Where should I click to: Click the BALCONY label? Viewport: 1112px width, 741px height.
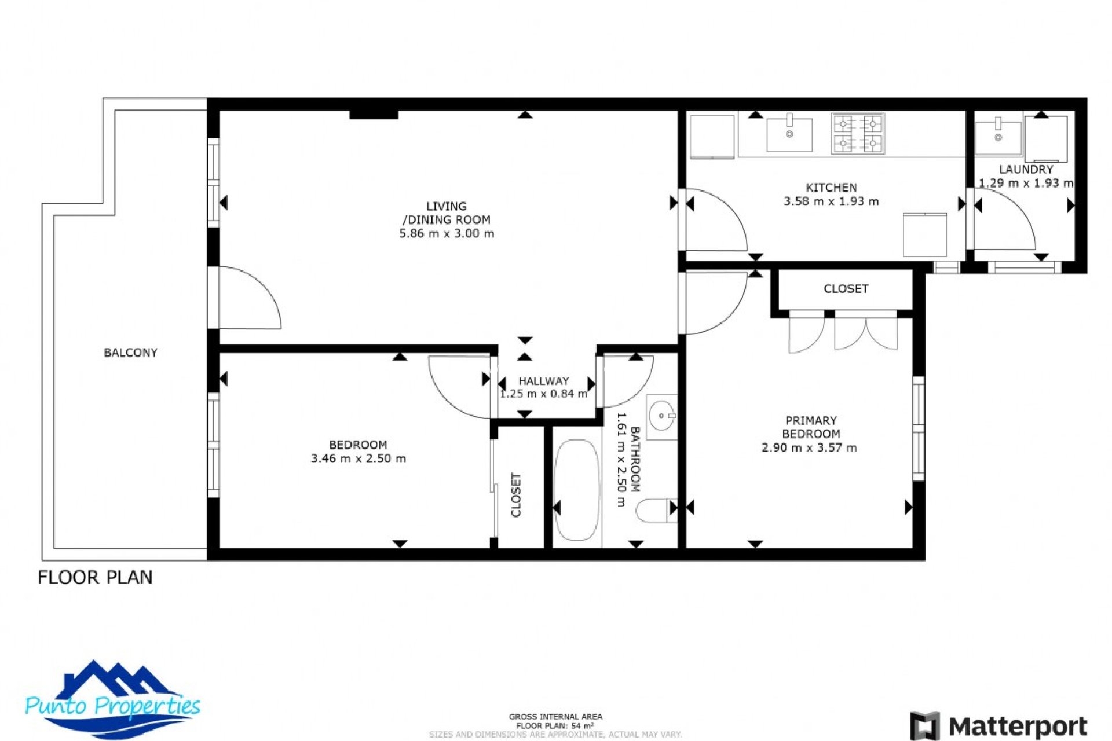(x=130, y=353)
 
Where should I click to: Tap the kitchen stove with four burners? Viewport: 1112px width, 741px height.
(x=858, y=133)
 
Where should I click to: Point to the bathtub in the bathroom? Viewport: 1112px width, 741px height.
(x=576, y=490)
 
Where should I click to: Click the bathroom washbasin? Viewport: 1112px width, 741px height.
(x=661, y=416)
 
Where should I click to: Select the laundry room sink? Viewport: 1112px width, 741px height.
(x=998, y=137)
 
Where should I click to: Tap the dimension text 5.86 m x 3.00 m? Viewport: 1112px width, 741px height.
(x=447, y=234)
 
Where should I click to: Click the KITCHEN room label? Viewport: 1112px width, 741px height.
(x=831, y=188)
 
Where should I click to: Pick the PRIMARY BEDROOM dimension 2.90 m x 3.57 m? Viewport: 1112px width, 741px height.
(x=809, y=447)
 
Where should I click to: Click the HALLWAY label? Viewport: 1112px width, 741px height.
(x=543, y=381)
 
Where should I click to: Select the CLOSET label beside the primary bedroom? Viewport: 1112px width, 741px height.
(x=846, y=288)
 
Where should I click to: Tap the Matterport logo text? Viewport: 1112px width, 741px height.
(x=1018, y=726)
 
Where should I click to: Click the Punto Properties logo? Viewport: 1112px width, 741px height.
(x=113, y=702)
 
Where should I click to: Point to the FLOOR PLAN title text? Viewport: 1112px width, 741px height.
(x=95, y=577)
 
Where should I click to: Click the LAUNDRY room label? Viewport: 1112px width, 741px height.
(x=1026, y=170)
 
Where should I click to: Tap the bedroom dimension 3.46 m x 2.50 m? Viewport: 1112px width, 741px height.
(x=358, y=458)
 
